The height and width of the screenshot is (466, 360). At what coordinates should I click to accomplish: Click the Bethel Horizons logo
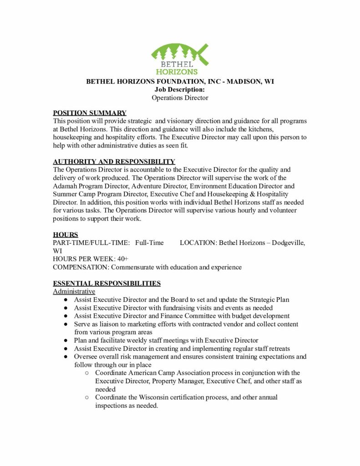[180, 59]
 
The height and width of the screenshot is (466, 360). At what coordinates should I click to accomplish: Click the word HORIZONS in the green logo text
[177, 72]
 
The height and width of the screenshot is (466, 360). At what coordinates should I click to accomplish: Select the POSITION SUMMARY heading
[90, 113]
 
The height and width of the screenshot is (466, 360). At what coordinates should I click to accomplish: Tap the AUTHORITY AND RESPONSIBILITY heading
[114, 162]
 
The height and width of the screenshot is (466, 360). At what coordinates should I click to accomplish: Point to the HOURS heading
[66, 235]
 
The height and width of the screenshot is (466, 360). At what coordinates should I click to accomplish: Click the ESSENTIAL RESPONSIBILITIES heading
[106, 284]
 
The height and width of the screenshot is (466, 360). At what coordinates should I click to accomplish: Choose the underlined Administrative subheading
[74, 291]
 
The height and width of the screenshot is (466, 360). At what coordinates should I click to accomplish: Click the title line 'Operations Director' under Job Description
[180, 98]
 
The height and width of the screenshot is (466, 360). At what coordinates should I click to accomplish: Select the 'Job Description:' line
[180, 90]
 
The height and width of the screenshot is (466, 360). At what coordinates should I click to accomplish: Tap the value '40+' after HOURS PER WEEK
[123, 259]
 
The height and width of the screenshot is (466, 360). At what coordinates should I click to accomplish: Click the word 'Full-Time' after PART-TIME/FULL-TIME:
[149, 243]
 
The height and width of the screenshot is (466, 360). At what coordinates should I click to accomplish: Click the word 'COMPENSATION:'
[81, 267]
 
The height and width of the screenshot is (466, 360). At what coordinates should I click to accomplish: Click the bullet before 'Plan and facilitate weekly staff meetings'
[66, 340]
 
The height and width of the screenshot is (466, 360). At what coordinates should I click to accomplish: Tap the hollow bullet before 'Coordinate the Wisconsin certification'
[87, 398]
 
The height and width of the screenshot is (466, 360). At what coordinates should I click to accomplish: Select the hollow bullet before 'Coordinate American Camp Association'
[87, 373]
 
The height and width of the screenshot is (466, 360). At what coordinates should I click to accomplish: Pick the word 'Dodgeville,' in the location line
[289, 243]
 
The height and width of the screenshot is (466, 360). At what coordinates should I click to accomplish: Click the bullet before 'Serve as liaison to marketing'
[66, 324]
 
